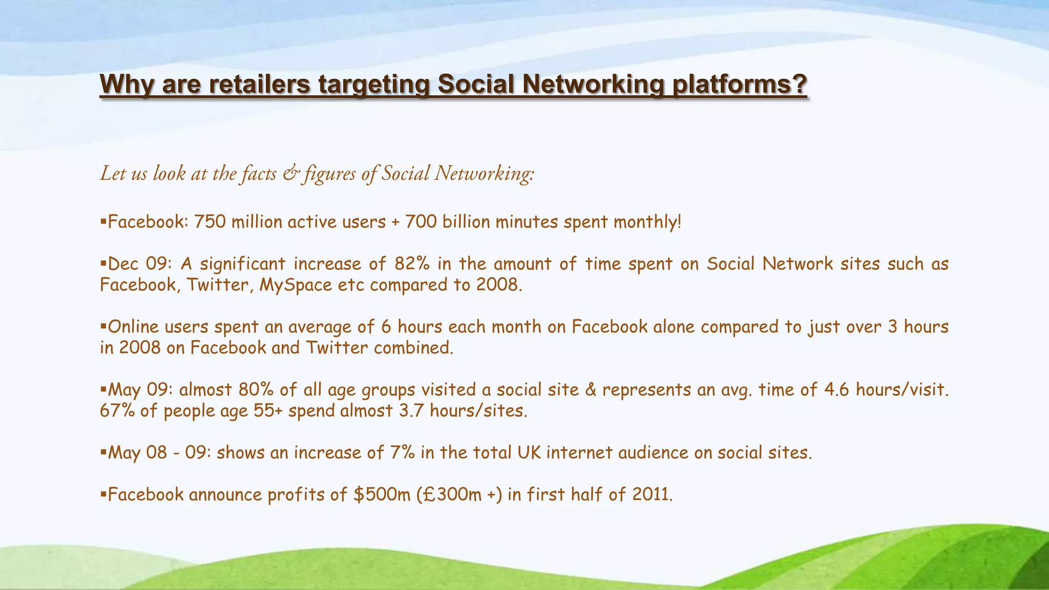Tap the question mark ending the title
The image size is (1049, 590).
[799, 85]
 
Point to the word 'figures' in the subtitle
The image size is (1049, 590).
[329, 174]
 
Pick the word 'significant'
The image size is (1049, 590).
[242, 264]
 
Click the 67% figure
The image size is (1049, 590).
[117, 411]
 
